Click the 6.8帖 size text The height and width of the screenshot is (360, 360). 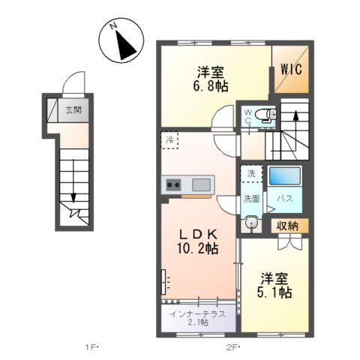pyautogui.click(x=211, y=88)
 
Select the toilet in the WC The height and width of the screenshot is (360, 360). pyautogui.click(x=264, y=115)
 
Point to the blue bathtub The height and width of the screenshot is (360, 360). pyautogui.click(x=284, y=177)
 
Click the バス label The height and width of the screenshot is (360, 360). pyautogui.click(x=285, y=199)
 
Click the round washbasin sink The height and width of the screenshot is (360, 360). pyautogui.click(x=250, y=223)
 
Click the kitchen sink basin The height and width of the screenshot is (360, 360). pyautogui.click(x=201, y=184)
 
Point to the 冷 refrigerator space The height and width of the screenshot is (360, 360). pyautogui.click(x=170, y=139)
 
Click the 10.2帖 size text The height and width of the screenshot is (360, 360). pyautogui.click(x=197, y=247)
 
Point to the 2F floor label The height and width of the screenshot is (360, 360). pyautogui.click(x=234, y=346)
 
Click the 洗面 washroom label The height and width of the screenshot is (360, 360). pyautogui.click(x=250, y=199)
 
